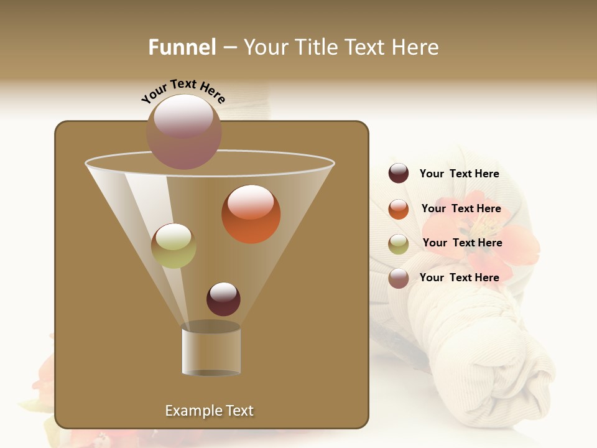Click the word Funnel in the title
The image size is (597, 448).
(182, 47)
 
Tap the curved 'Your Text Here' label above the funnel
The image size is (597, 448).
(183, 91)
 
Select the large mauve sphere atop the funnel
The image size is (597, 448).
(183, 132)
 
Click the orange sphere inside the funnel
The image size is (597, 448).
(251, 214)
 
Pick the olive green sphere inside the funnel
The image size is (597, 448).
(174, 246)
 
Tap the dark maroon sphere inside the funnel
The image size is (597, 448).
(223, 299)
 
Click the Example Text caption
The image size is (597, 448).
(210, 411)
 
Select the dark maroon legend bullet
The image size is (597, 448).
(399, 174)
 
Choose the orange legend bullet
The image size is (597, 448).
(399, 209)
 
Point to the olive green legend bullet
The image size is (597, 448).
(399, 244)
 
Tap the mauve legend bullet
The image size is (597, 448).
(399, 278)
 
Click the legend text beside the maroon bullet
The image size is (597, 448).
(459, 174)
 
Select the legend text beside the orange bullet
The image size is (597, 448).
(461, 208)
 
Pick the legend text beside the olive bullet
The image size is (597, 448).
(462, 243)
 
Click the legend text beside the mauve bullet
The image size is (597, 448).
(459, 278)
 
